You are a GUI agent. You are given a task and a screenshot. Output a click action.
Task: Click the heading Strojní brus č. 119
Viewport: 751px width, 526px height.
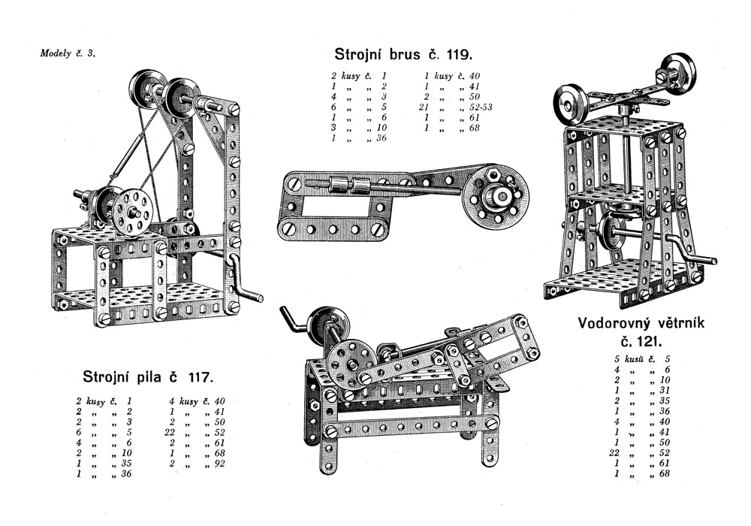click(403, 54)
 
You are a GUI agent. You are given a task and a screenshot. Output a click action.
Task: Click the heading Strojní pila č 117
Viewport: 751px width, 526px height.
click(147, 376)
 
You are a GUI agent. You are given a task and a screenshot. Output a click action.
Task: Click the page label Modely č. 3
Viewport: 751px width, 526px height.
click(68, 53)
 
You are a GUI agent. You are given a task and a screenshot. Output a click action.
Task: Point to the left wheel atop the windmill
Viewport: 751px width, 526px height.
click(571, 102)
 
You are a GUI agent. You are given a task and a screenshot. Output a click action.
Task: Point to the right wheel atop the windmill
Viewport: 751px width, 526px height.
click(679, 71)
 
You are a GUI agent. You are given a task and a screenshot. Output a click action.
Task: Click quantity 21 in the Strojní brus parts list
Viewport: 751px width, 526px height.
click(424, 107)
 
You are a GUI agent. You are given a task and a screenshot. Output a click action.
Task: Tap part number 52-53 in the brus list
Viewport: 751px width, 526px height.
click(481, 107)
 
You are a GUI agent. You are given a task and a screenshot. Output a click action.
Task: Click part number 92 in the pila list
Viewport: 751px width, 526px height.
click(219, 463)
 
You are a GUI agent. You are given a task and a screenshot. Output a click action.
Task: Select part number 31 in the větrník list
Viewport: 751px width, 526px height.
click(665, 391)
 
